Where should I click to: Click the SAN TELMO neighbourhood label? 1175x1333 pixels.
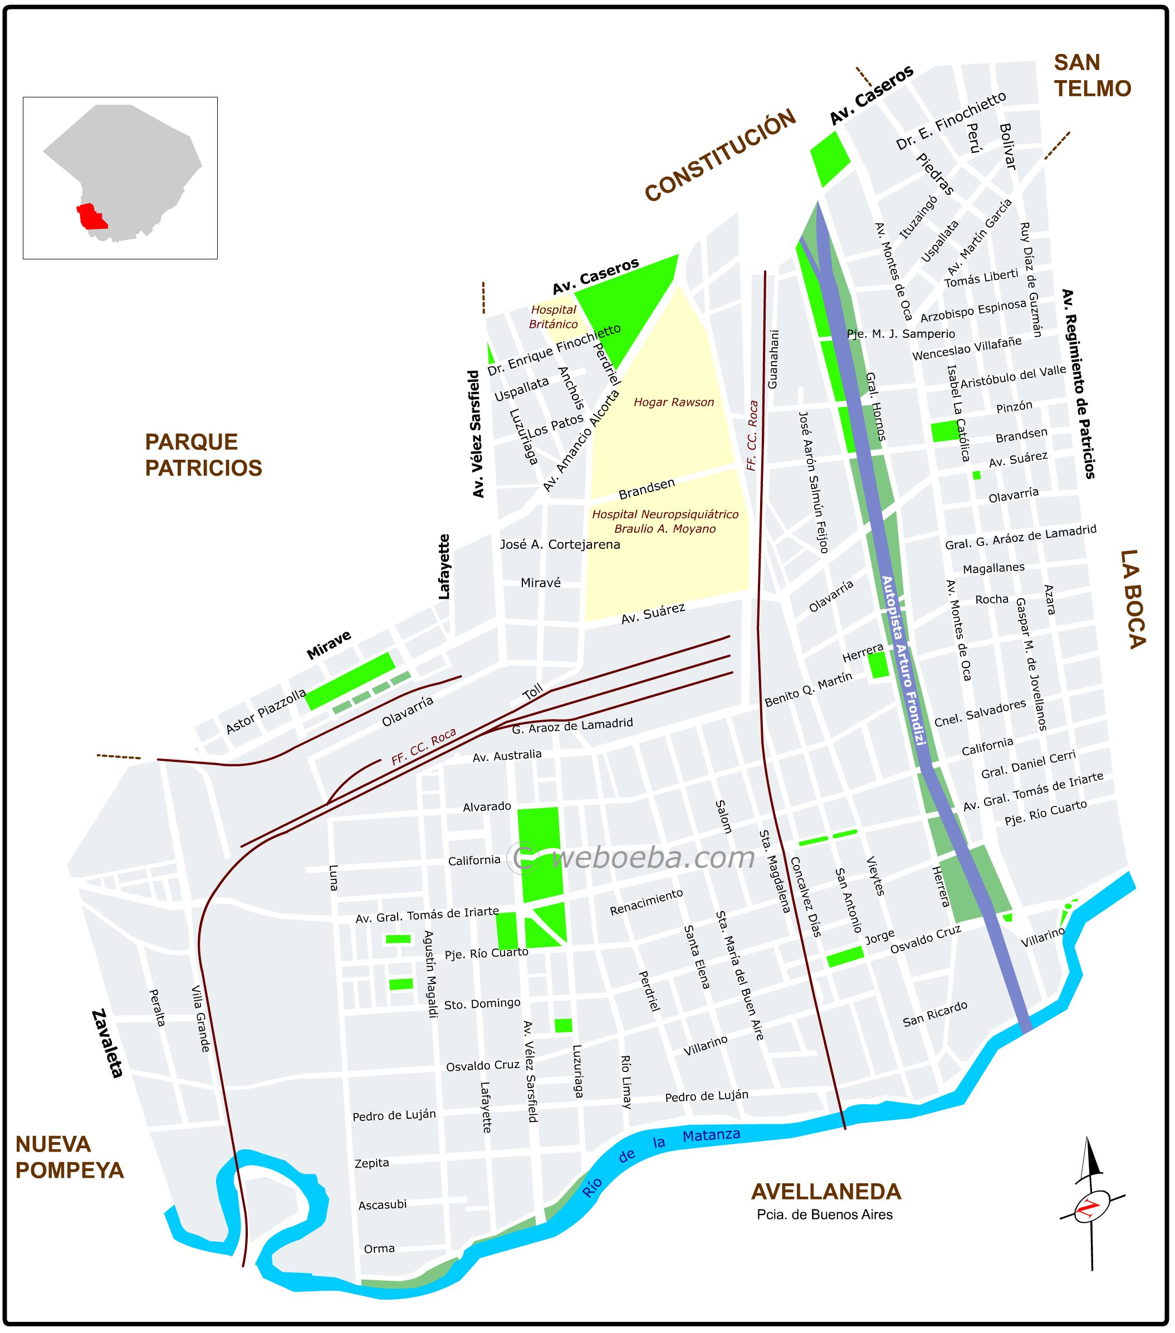(x=1091, y=76)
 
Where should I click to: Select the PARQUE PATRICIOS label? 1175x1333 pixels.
(x=203, y=455)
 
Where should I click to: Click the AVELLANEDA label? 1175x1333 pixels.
(x=825, y=1192)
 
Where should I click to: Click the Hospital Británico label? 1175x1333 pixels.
(x=553, y=317)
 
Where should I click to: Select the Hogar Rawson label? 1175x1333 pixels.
(x=673, y=402)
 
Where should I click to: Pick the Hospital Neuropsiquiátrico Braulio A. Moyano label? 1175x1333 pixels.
(x=665, y=522)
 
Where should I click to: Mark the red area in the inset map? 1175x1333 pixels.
(x=91, y=217)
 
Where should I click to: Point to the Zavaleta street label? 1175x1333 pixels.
(x=107, y=1044)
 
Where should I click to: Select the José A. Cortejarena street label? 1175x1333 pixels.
(x=560, y=544)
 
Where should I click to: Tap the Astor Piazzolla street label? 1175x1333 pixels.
(x=266, y=711)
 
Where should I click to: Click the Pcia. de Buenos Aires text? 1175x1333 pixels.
(x=824, y=1214)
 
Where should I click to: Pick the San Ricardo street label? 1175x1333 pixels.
(x=934, y=1014)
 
